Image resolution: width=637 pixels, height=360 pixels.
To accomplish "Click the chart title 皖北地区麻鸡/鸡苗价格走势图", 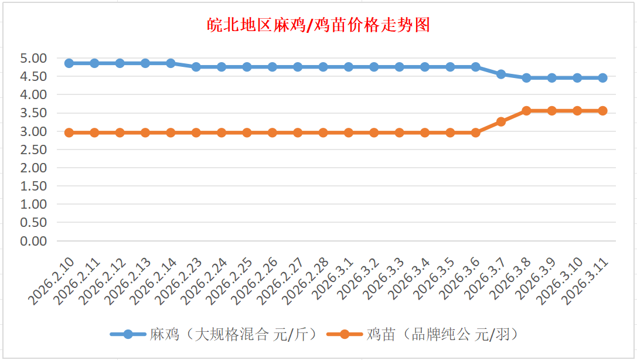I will click(x=319, y=25).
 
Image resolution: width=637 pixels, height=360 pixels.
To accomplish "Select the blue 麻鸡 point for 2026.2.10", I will click(x=69, y=63).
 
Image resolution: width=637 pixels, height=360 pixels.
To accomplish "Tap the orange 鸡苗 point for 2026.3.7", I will click(x=501, y=121).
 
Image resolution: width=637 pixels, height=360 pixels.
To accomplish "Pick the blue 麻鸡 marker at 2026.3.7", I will click(x=501, y=74).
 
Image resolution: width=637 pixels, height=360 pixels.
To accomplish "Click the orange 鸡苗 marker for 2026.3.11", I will click(x=602, y=110).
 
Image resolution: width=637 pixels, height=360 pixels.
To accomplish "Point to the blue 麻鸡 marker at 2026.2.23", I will click(x=196, y=67).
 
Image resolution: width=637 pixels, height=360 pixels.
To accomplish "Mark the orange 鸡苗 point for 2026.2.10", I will click(x=69, y=133).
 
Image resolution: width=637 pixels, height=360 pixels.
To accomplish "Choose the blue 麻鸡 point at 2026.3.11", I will click(x=602, y=77).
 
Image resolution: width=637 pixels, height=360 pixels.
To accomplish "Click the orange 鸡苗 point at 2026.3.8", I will click(x=526, y=110).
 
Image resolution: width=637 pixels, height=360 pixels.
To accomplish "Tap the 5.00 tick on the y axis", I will click(x=33, y=58).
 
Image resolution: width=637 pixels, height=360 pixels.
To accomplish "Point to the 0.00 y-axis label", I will click(x=33, y=240).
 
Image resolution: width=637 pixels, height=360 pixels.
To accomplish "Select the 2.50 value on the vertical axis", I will click(x=33, y=150).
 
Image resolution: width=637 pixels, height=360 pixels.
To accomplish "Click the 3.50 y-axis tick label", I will click(x=33, y=113).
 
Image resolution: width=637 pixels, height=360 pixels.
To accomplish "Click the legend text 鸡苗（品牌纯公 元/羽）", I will click(x=442, y=334).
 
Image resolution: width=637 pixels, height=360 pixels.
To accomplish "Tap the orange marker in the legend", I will click(x=344, y=334).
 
